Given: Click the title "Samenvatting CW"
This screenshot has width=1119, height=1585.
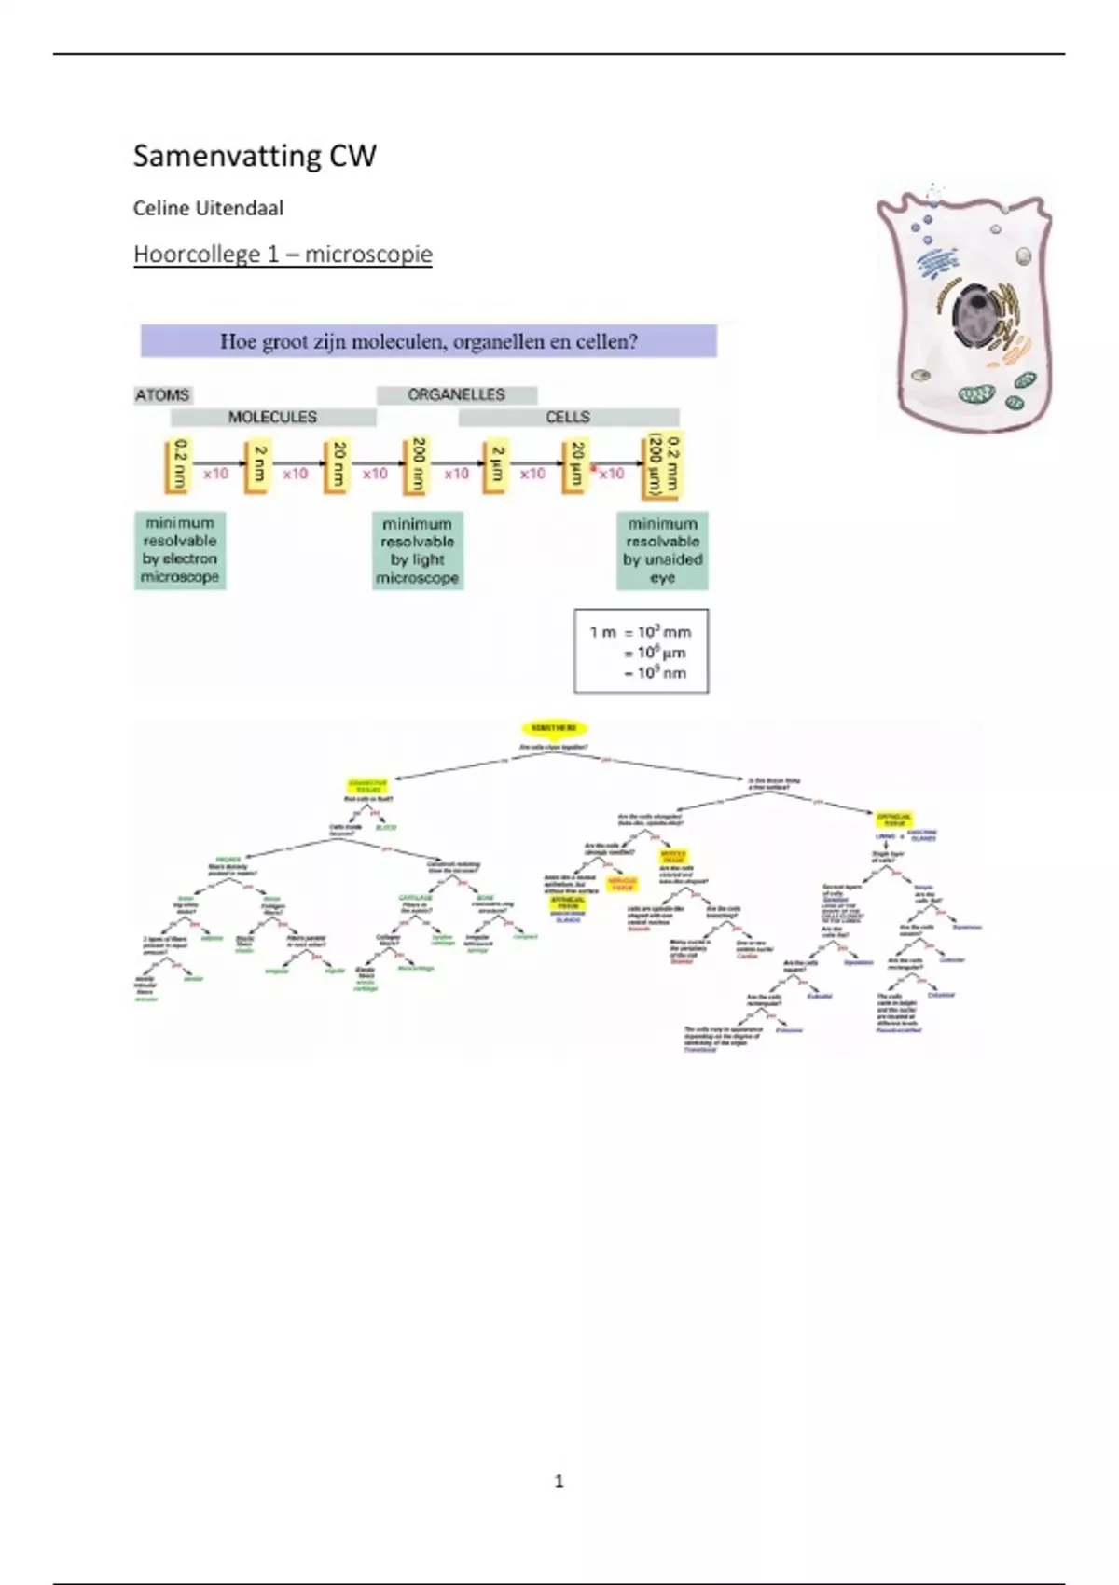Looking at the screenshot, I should [255, 156].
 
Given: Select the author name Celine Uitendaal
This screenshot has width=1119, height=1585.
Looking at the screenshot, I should [208, 208].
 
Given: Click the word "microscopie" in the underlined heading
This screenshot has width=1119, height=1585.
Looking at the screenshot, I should [368, 255].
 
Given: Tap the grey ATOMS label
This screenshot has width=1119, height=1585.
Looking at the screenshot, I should [163, 394].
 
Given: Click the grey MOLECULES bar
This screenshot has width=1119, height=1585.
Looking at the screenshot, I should [273, 417].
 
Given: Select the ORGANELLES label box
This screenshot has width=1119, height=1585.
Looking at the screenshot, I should [456, 394].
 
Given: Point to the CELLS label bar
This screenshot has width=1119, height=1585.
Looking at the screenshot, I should [568, 417].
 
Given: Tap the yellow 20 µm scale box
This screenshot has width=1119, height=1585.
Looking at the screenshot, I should [577, 463].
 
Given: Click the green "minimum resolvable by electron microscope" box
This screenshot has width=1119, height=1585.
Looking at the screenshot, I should [180, 550].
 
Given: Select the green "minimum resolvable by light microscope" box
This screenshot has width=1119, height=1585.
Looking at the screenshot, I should [417, 551].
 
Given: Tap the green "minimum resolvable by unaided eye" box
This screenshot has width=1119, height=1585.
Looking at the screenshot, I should [663, 551].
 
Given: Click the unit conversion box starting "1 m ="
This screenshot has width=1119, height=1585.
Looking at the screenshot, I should [641, 652].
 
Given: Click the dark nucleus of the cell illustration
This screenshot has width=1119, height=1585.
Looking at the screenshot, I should [975, 316].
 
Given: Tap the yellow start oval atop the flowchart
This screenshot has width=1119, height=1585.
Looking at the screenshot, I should [554, 728].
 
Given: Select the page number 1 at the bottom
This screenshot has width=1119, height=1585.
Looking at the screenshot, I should [559, 1481].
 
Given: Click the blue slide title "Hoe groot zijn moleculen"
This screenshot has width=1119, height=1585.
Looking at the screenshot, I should [429, 341].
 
